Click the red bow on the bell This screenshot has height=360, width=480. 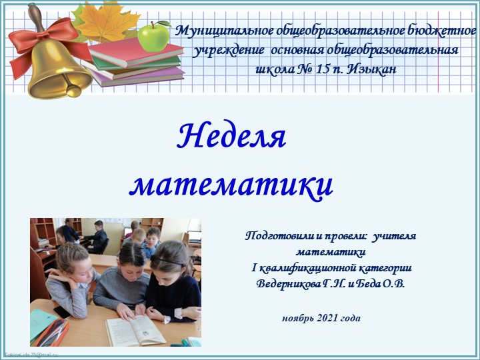click(x=40, y=37)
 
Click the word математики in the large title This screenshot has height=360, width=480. click(x=231, y=184)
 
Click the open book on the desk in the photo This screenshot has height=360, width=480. click(x=137, y=330)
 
